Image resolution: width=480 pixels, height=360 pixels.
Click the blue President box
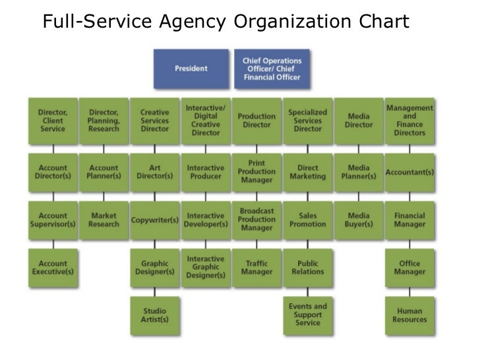pyautogui.click(x=191, y=69)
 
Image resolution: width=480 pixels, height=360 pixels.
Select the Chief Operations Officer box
pyautogui.click(x=272, y=69)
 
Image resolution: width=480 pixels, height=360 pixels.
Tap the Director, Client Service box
pyautogui.click(x=53, y=121)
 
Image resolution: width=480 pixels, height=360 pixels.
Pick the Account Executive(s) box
pyautogui.click(x=53, y=268)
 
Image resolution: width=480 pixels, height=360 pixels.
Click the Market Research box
pyautogui.click(x=104, y=220)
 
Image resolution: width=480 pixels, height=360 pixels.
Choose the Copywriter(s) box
pyautogui.click(x=155, y=220)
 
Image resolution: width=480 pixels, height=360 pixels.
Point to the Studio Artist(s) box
pyautogui.click(x=155, y=315)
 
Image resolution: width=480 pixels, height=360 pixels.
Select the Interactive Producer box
pyautogui.click(x=206, y=172)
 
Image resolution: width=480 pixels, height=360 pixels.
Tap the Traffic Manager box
pyautogui.click(x=256, y=268)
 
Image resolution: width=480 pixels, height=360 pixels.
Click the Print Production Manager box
pyautogui.click(x=256, y=172)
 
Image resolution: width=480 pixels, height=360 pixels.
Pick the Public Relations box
pyautogui.click(x=307, y=268)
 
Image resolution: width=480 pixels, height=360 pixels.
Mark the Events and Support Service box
pyautogui.click(x=307, y=315)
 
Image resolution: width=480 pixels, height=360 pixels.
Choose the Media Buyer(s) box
pyautogui.click(x=359, y=220)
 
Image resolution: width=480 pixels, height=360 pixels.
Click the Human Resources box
pyautogui.click(x=409, y=315)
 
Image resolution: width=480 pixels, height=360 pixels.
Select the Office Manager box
pyautogui.click(x=409, y=268)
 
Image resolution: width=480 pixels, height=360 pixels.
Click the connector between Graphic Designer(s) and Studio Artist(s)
pyautogui.click(x=155, y=292)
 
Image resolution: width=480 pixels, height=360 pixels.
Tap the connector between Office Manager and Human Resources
pyautogui.click(x=409, y=292)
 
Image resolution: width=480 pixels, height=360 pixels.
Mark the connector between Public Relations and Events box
pyautogui.click(x=307, y=292)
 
